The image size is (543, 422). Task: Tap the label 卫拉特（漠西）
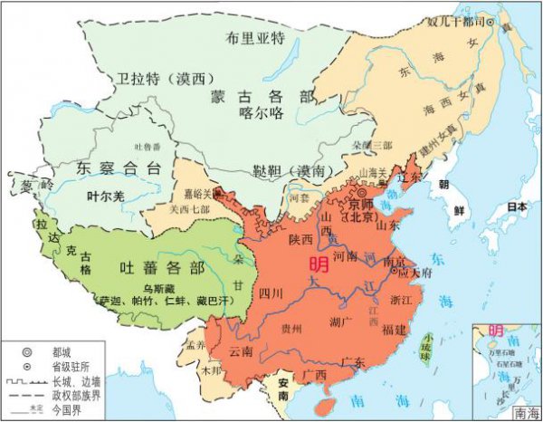[x=150, y=80]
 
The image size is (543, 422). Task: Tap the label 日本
[x=516, y=206]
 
